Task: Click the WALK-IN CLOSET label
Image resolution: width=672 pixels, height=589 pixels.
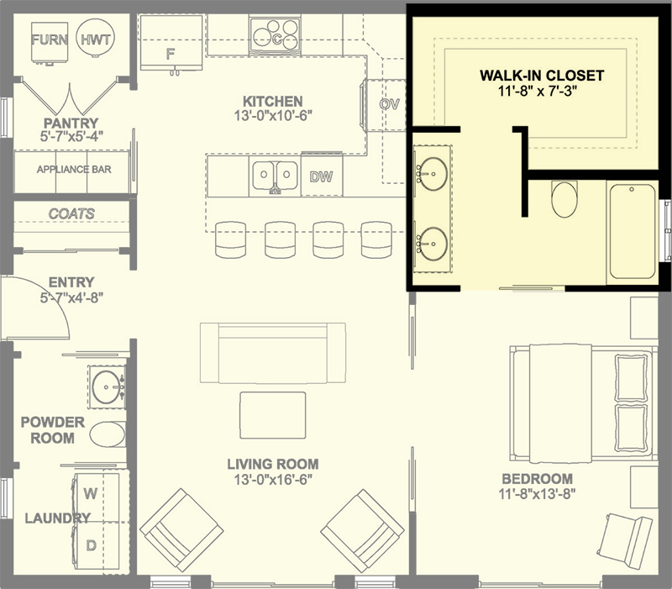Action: point(542,76)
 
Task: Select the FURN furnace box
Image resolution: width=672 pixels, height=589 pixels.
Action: point(50,41)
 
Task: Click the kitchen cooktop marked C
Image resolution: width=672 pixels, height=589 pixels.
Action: point(275,35)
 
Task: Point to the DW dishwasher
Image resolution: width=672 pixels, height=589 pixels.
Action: point(322,176)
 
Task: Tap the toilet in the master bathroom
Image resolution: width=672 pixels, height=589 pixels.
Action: point(564,199)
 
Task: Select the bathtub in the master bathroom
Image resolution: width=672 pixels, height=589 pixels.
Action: point(633,232)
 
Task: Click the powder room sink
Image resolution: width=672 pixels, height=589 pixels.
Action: point(108,387)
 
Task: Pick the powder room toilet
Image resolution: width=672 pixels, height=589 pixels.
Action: point(108,434)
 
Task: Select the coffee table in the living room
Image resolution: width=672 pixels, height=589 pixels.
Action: point(272,415)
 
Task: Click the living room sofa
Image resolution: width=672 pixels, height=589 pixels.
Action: point(272,353)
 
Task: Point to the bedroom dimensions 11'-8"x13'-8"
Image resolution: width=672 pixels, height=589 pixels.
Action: point(537,494)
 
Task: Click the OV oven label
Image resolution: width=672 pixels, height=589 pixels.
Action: point(390,104)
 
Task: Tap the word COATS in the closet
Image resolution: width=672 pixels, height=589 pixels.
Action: point(71,213)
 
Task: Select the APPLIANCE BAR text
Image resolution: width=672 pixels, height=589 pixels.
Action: point(74,170)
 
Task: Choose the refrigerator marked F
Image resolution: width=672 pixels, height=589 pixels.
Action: point(171,42)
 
